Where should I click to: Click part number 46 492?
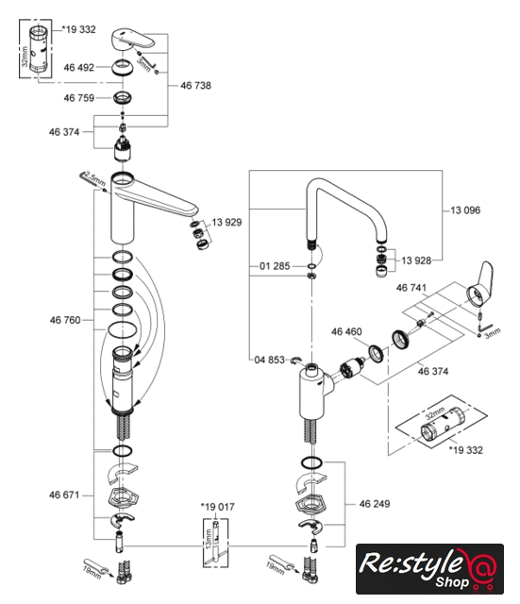click(79, 67)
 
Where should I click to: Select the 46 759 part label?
click(79, 98)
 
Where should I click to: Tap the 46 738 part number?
click(195, 86)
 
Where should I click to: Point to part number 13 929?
click(226, 223)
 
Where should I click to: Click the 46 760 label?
click(65, 320)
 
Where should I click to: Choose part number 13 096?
click(465, 210)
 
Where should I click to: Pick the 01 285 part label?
click(275, 266)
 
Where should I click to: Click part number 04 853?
click(269, 360)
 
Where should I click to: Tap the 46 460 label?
click(346, 331)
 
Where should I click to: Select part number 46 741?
click(411, 288)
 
